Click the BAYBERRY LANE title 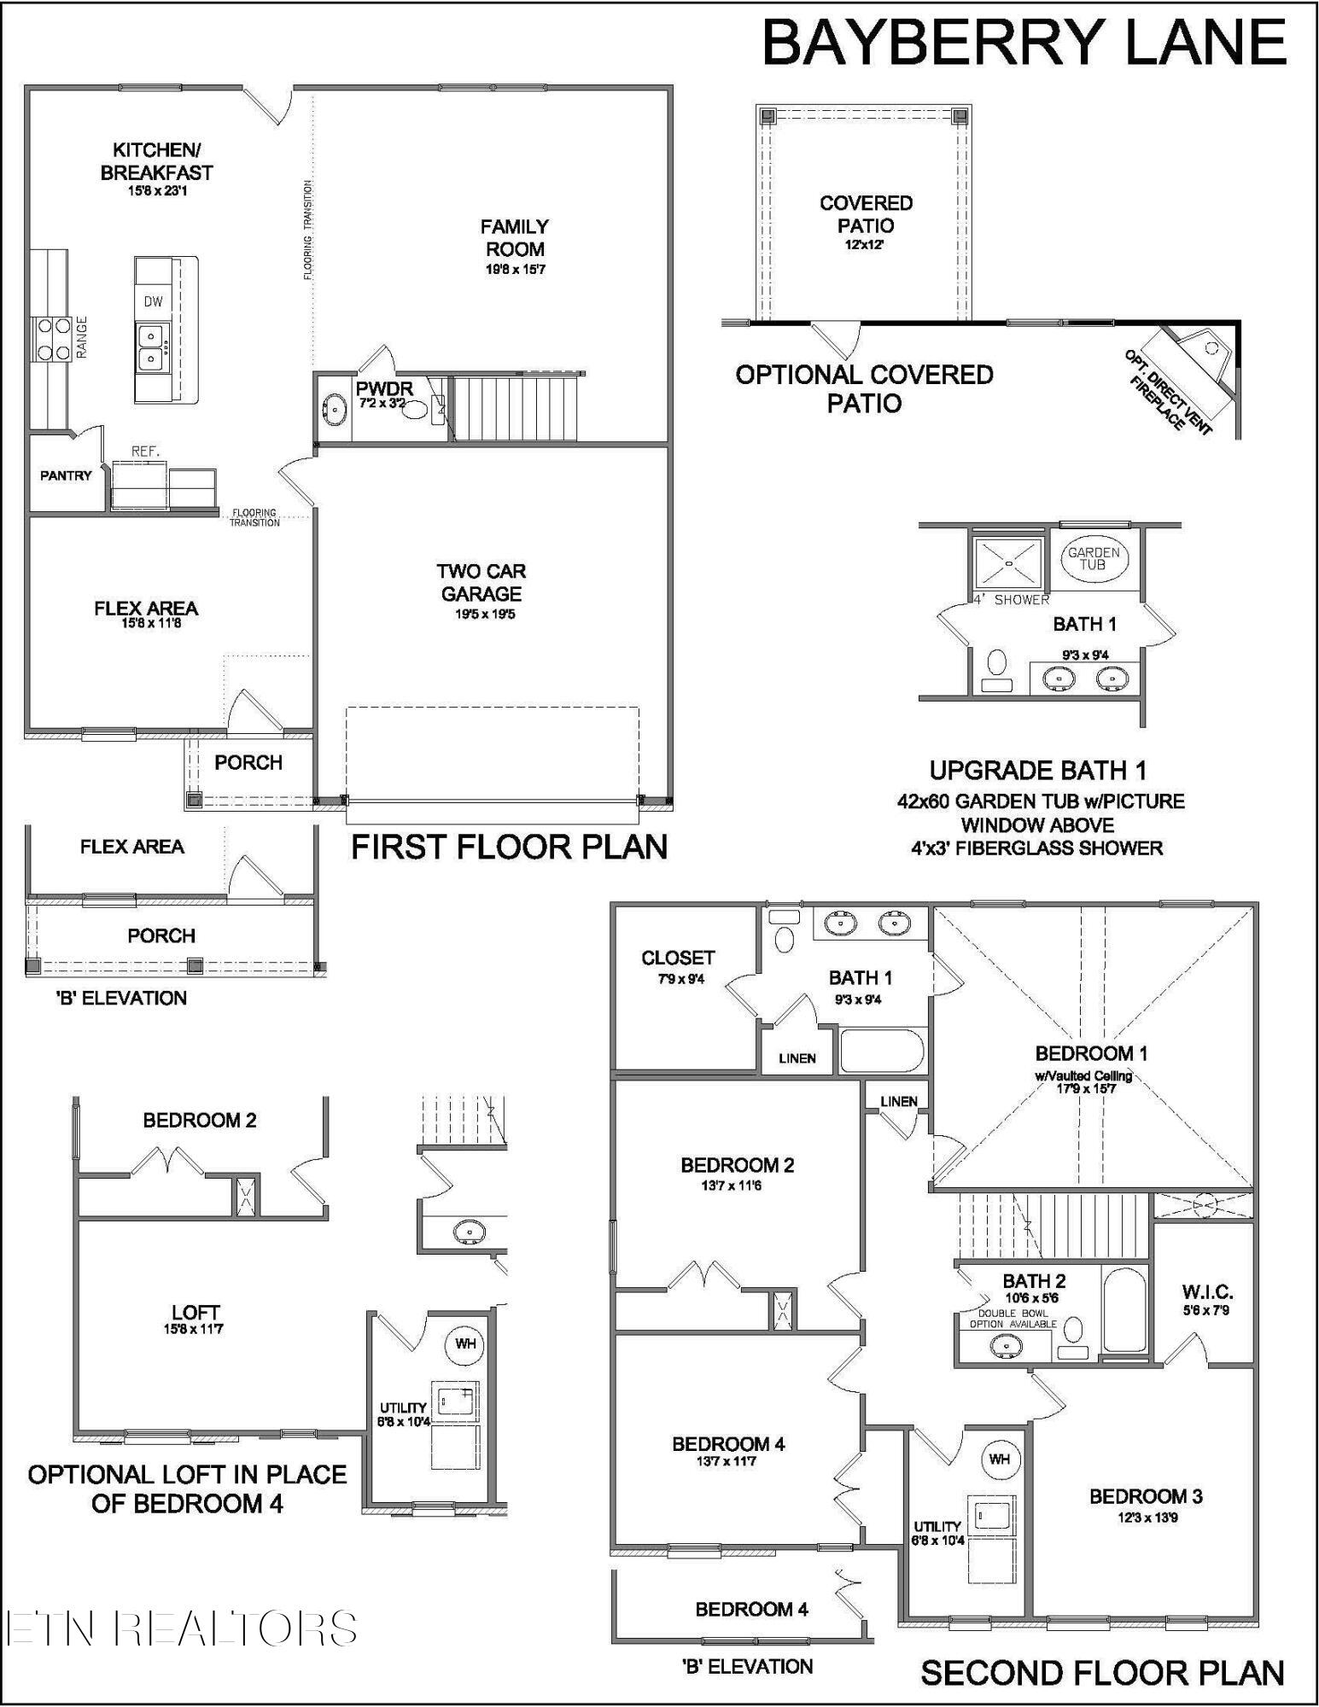coord(1024,43)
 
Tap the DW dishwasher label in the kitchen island coord(153,301)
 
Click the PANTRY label coord(66,475)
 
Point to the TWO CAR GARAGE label coord(481,583)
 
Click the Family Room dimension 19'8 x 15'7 coord(515,270)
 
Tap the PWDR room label coord(383,389)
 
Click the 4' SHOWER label coord(1012,600)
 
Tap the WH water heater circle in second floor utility coord(999,1459)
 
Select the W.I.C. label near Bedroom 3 coord(1207,1292)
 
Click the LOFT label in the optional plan coord(195,1313)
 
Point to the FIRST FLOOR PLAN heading coord(510,848)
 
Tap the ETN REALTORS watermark coord(181,1628)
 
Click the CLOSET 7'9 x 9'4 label coord(678,958)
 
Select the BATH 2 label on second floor coord(1034,1280)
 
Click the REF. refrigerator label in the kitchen coord(145,452)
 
